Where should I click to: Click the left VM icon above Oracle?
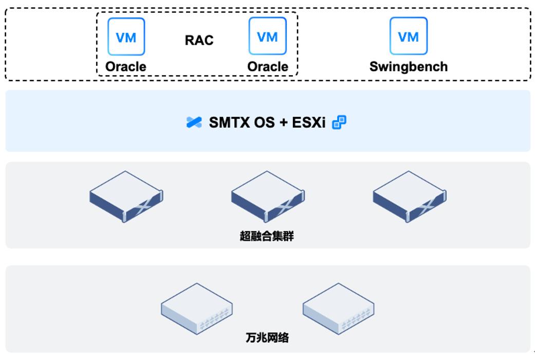[126, 37]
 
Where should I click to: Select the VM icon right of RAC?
[267, 36]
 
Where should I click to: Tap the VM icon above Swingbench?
[409, 36]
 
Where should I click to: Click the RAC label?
[199, 40]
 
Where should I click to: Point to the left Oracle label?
[126, 67]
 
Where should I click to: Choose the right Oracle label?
[268, 67]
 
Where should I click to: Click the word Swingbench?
[409, 67]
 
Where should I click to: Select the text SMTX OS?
[242, 122]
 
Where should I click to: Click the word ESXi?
[309, 122]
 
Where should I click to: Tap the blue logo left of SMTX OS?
[194, 122]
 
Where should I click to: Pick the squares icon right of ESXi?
[339, 122]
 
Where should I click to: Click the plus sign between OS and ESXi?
[283, 122]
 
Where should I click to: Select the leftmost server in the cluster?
[126, 197]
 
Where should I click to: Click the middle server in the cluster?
[268, 197]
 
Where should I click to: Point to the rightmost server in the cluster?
[410, 197]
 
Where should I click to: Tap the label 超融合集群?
[267, 236]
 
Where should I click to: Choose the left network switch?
[197, 309]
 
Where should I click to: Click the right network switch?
[339, 309]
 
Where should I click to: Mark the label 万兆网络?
[267, 337]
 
